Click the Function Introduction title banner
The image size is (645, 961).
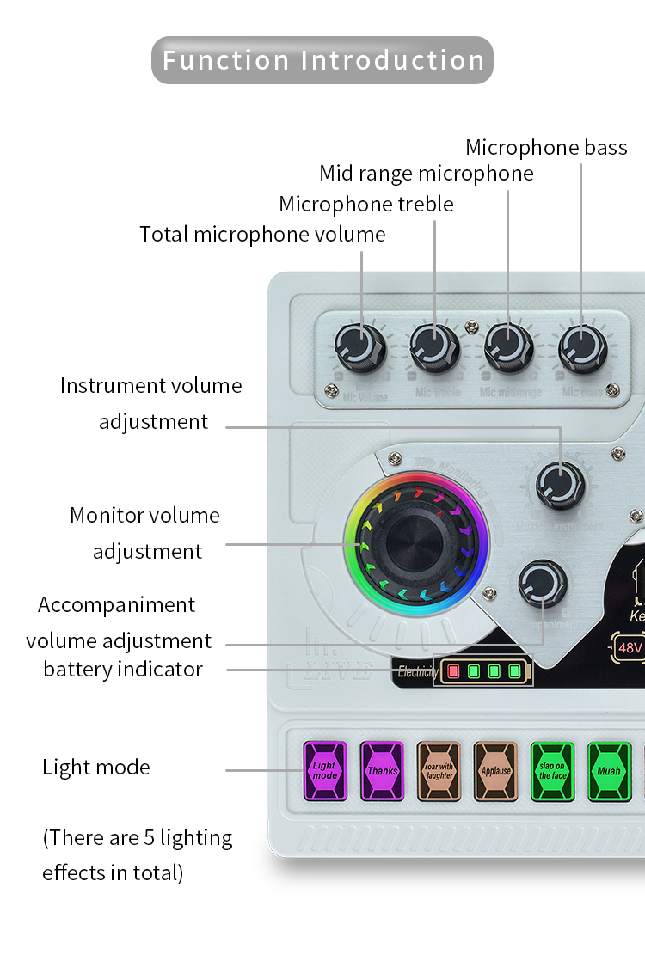(x=322, y=60)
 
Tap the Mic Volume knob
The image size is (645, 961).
(x=361, y=348)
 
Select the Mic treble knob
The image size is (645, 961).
(x=434, y=348)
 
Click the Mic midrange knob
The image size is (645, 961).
(x=508, y=348)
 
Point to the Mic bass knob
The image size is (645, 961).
(x=582, y=348)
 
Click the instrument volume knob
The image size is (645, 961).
(x=561, y=485)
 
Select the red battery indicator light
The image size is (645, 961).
(x=453, y=671)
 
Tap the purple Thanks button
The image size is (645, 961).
(x=382, y=771)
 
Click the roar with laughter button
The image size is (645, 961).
(x=439, y=771)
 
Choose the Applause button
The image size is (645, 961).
(x=496, y=771)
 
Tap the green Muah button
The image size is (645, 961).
(x=609, y=771)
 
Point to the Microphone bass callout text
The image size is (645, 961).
(x=546, y=148)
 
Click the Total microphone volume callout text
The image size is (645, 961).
(x=262, y=234)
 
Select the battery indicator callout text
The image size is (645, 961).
(x=123, y=670)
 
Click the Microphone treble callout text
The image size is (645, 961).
(x=366, y=204)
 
